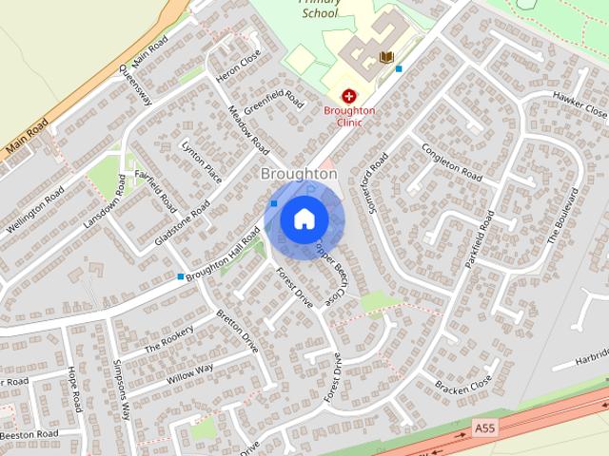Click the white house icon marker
(304, 219)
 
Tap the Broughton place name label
(299, 174)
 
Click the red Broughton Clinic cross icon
(349, 96)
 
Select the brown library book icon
(386, 58)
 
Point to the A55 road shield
(484, 429)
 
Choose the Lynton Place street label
(202, 161)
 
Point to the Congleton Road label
(452, 161)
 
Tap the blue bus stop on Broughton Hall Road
(181, 276)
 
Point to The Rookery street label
(168, 340)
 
